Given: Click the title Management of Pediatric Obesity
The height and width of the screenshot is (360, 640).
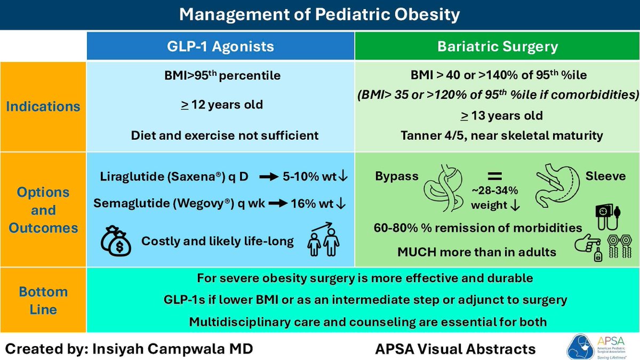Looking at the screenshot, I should click(319, 14).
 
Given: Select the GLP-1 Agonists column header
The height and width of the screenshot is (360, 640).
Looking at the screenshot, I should click(221, 46).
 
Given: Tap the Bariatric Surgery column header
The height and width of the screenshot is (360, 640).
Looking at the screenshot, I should click(497, 46).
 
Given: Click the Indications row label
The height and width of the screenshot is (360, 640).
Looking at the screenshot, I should click(43, 106).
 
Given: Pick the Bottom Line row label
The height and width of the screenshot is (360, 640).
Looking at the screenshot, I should click(43, 301).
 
